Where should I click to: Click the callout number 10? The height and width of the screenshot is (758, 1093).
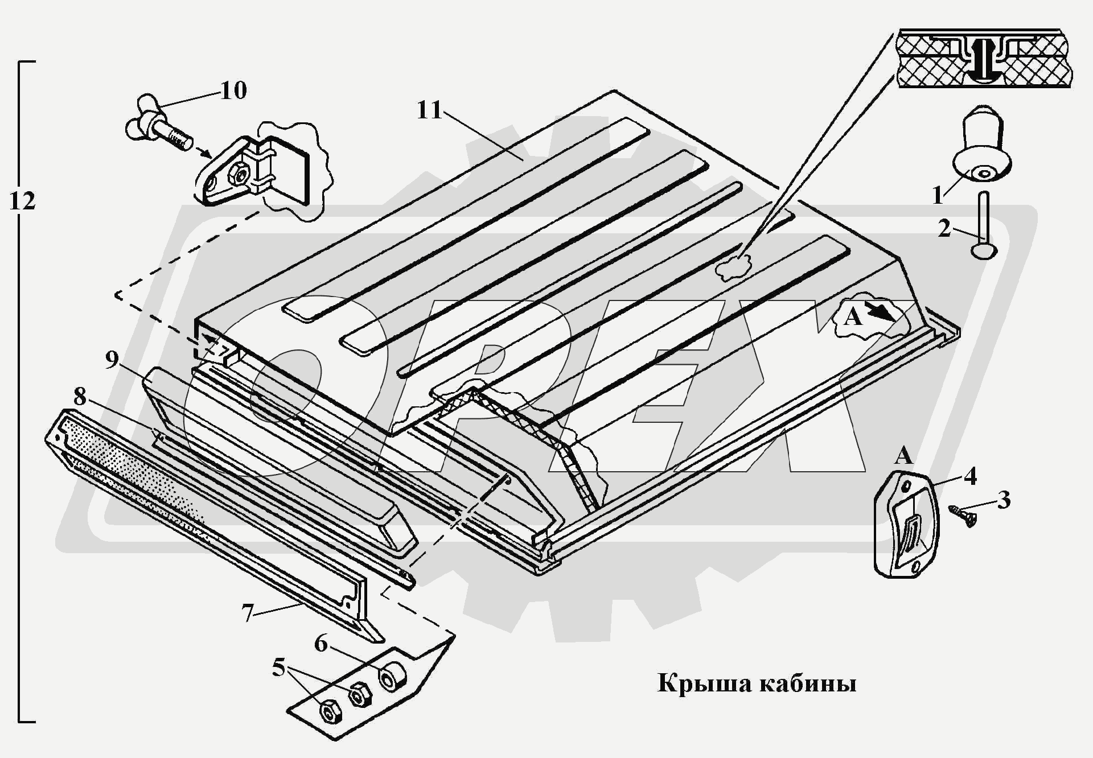233,91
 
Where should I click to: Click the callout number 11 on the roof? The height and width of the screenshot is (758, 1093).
430,110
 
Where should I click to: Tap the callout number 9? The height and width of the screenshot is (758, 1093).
112,360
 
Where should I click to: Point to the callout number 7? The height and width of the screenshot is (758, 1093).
247,613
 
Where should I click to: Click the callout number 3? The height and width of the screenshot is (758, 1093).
1004,500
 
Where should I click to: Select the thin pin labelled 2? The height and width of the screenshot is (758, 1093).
984,228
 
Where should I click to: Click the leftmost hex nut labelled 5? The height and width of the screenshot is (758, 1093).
329,711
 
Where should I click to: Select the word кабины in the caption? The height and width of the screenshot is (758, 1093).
808,683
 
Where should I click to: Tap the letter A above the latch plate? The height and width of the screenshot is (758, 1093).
903,456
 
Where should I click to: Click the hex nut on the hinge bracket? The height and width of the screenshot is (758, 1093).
239,172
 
